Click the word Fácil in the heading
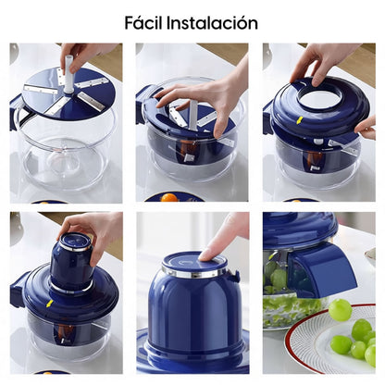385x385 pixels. [x=146, y=22]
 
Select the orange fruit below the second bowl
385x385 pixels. [x=168, y=197]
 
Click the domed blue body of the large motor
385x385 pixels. [x=192, y=315]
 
